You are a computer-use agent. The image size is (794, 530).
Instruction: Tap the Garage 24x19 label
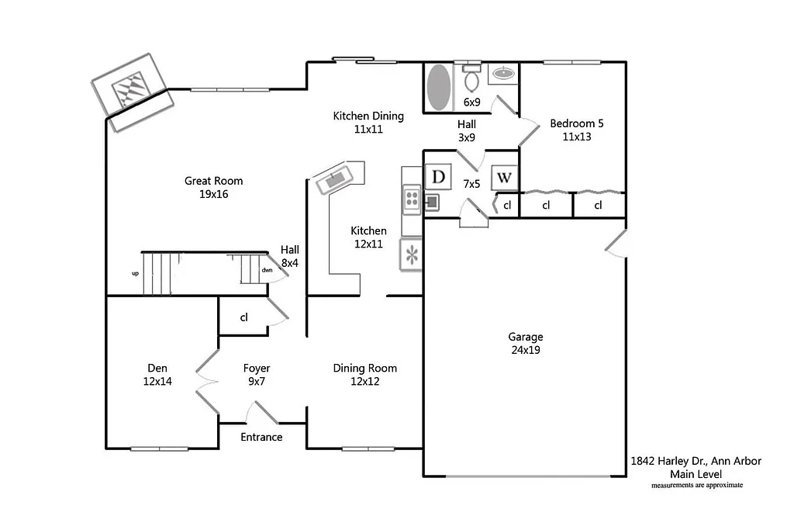(x=525, y=343)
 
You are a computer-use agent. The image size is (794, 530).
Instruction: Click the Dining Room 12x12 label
(x=364, y=375)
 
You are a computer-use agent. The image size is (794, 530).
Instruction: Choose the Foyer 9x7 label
(x=256, y=375)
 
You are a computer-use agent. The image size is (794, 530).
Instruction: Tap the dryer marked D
(x=439, y=177)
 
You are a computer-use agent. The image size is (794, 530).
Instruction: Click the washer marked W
(x=504, y=178)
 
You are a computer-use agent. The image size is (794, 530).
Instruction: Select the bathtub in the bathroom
(x=439, y=87)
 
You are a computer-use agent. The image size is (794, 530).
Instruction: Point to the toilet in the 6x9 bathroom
(x=471, y=78)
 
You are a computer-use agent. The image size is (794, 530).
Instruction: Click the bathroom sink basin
(x=503, y=74)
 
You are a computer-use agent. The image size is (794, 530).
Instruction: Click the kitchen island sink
(x=337, y=178)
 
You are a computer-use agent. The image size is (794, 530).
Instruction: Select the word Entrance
(x=261, y=437)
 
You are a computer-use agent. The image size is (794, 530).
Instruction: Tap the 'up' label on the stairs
(x=136, y=273)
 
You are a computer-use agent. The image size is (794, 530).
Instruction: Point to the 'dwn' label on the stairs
(x=267, y=270)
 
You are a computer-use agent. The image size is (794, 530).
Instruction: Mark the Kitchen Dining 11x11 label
(x=368, y=123)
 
